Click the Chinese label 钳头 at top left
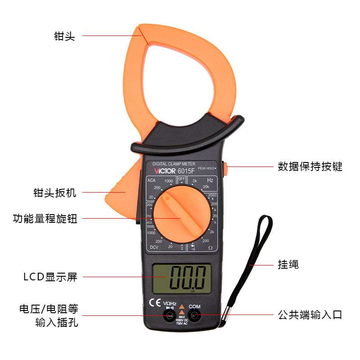point(64,36)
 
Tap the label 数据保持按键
point(310,166)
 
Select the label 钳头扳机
point(55,193)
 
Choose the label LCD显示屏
point(50,277)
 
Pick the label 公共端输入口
point(310,315)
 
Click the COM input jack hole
point(194,316)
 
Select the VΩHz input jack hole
point(170,316)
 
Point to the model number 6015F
point(186,171)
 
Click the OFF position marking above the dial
point(182,179)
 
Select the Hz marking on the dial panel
point(210,180)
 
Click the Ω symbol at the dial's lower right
point(210,247)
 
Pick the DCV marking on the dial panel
point(154,247)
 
